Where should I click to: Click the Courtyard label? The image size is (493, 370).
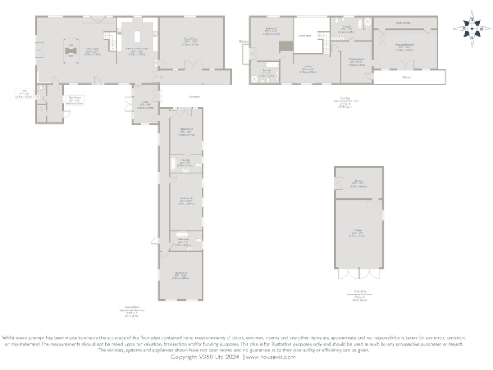tap(193, 97)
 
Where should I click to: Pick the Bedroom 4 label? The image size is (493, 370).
tap(180, 277)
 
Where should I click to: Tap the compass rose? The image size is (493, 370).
tap(472, 28)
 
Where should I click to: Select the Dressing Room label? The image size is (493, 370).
tap(357, 63)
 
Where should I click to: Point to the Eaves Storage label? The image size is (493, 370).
tap(402, 22)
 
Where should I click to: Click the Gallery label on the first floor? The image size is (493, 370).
tap(307, 70)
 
